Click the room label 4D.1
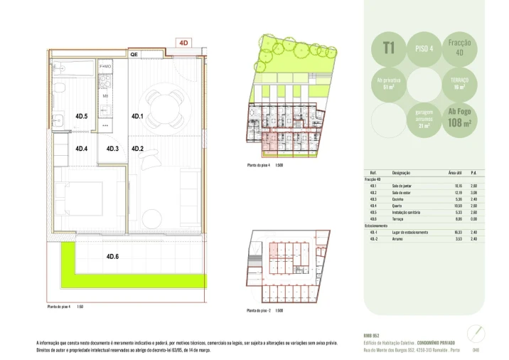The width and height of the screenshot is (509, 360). coord(137,117)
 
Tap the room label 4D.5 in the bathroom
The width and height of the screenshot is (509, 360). coord(81,117)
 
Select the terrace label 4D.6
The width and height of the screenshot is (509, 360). coord(112,256)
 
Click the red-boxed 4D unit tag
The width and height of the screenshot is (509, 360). coord(183,43)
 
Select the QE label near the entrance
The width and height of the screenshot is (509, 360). coord(134,54)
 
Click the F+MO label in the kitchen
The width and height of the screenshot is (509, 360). coord(105,67)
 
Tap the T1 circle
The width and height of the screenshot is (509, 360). coord(389,48)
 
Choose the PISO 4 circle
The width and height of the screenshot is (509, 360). coord(425,48)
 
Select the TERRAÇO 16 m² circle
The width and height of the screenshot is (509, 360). coord(459,83)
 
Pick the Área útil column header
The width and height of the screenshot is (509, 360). coord(456,173)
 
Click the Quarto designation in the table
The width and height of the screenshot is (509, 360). coord(397,206)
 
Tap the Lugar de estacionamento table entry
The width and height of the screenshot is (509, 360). coord(410,232)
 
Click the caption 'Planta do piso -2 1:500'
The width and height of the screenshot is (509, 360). coord(264,311)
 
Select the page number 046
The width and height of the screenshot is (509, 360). coord(476,349)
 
